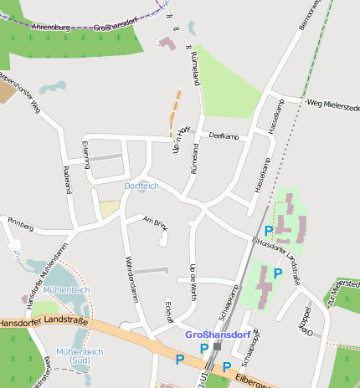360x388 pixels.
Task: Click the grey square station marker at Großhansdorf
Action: tap(217, 346)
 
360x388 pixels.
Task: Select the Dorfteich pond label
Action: tap(141, 185)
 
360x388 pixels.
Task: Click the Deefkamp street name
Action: tap(224, 135)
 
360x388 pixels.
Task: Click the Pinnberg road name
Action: tap(20, 224)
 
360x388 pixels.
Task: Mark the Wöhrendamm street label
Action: tap(130, 278)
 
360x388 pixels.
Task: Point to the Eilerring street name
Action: tap(86, 154)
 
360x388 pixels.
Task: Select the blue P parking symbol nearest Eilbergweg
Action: tap(226, 367)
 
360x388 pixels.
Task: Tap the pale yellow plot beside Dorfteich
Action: tap(109, 209)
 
